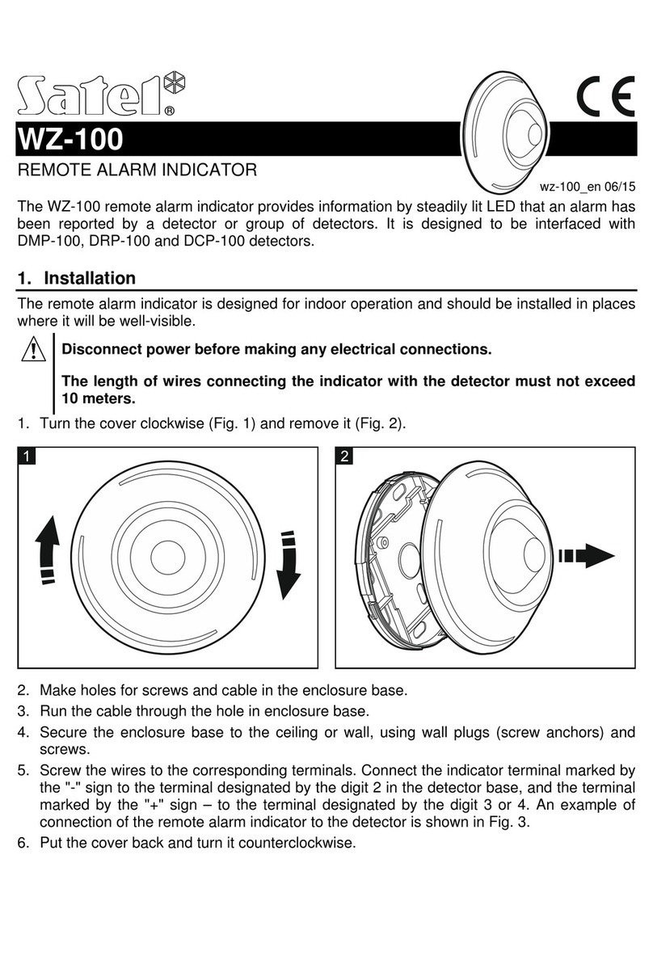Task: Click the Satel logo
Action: (x=97, y=95)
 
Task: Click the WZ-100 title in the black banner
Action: (x=70, y=141)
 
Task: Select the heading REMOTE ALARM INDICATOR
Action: (x=137, y=171)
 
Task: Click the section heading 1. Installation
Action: (x=77, y=279)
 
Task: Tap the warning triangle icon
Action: (x=34, y=351)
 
